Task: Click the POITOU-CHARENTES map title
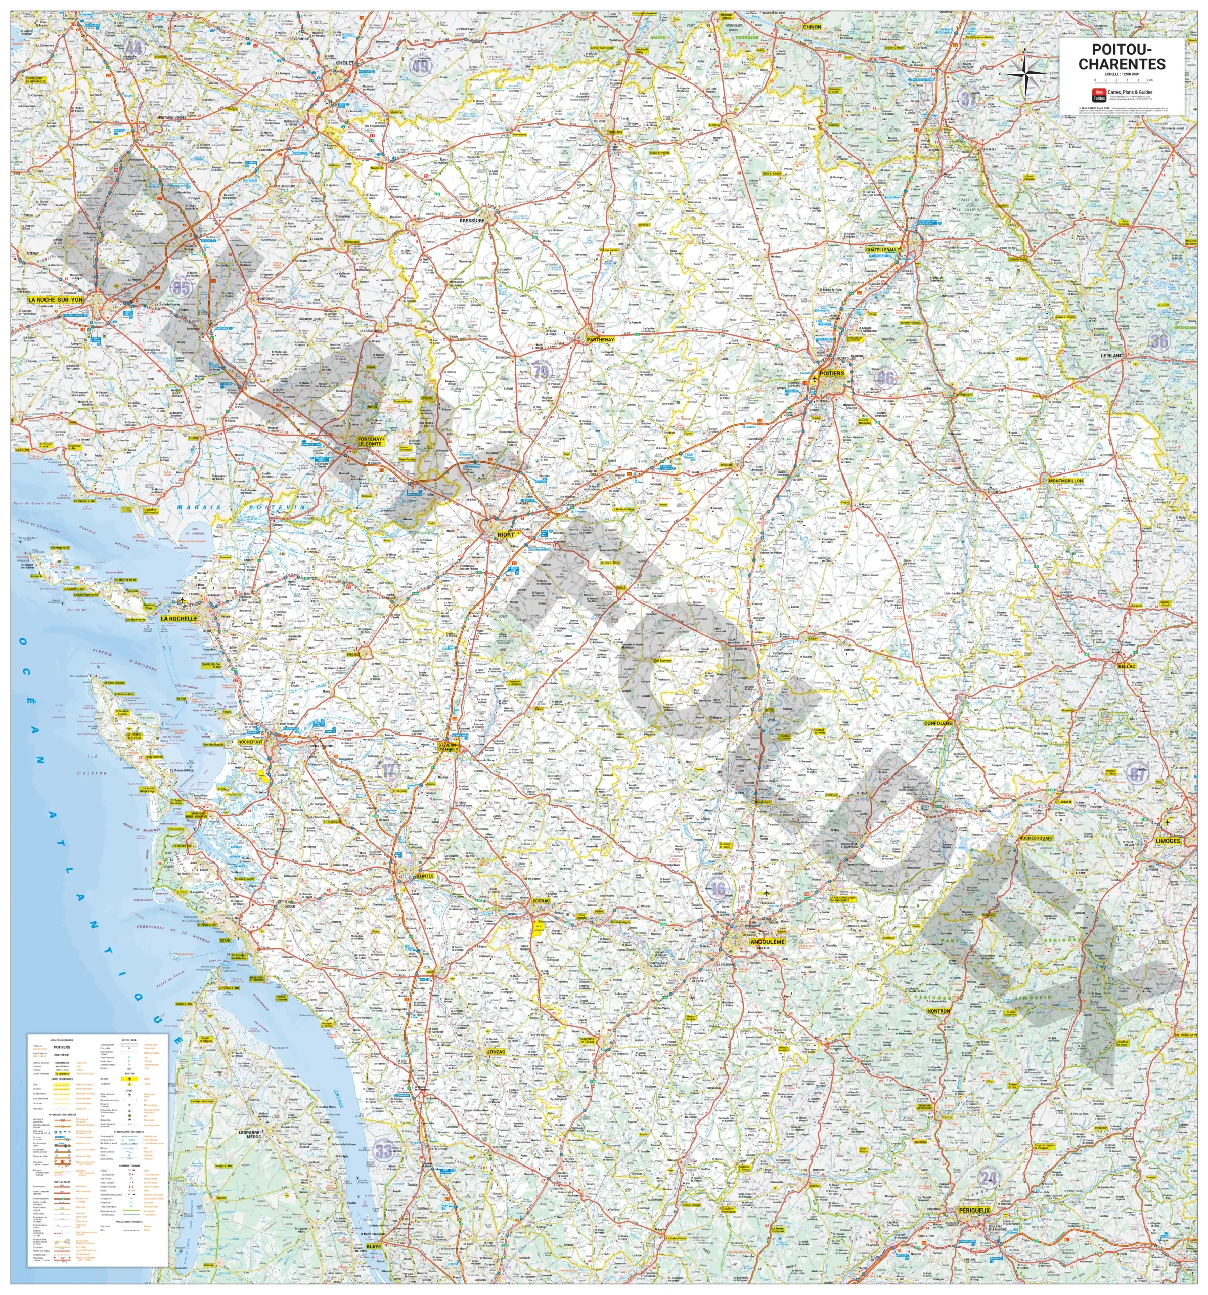(1122, 57)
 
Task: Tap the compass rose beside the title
(1025, 72)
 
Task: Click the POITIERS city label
(832, 373)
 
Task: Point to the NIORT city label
(505, 534)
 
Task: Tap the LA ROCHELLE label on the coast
(178, 618)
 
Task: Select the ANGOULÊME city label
(768, 941)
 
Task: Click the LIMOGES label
(1167, 840)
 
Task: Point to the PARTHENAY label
(600, 339)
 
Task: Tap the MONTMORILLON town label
(1065, 480)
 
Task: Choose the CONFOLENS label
(938, 723)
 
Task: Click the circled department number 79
(541, 372)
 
